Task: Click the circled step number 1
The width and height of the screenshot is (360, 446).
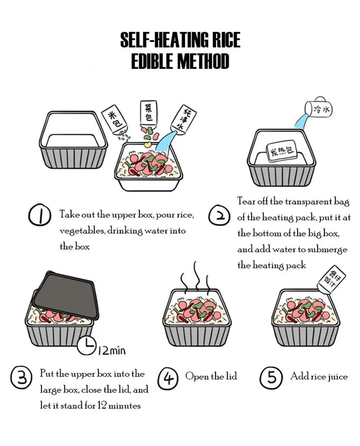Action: [x=40, y=215]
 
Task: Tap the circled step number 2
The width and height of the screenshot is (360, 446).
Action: [x=219, y=216]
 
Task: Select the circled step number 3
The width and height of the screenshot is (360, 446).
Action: [x=22, y=378]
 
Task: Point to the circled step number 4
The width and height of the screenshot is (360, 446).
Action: [x=168, y=378]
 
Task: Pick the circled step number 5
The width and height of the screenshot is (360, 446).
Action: [x=271, y=378]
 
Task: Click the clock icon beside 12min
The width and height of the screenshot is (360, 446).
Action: [x=87, y=345]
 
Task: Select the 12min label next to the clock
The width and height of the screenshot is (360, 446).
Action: [x=112, y=350]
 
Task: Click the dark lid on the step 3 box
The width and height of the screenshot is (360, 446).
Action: [x=65, y=295]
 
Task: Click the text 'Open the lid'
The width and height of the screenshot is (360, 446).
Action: [x=211, y=377]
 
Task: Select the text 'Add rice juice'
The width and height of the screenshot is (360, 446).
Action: [x=319, y=377]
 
